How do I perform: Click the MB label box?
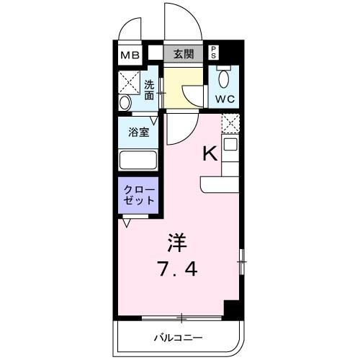pos(130,54)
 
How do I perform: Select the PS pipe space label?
pos(213,53)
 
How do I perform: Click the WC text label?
pos(225,99)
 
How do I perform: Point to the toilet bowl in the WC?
pos(224,78)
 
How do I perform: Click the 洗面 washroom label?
pos(149,88)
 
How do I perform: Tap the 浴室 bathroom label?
pos(139,132)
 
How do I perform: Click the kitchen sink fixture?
pos(230,145)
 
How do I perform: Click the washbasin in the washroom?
pos(125,101)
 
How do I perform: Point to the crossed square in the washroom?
pos(130,79)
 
